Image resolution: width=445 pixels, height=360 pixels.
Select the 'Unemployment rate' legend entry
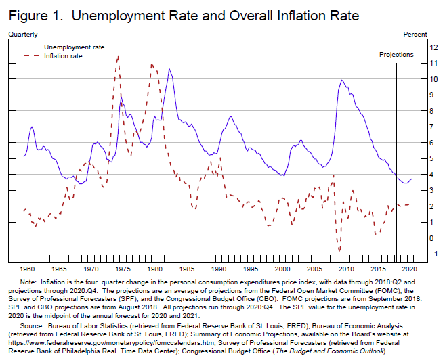[x=74, y=47]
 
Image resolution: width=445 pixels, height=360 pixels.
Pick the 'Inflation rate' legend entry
[x=63, y=55]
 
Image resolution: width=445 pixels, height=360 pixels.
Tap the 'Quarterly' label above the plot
[x=23, y=33]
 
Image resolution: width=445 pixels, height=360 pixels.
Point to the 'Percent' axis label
[x=415, y=33]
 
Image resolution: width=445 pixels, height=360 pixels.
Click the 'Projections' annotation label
[x=396, y=53]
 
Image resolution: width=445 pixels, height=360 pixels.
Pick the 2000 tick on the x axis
[x=289, y=269]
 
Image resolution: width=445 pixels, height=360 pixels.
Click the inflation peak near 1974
[x=119, y=57]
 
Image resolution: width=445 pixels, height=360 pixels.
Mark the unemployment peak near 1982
[x=169, y=68]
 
